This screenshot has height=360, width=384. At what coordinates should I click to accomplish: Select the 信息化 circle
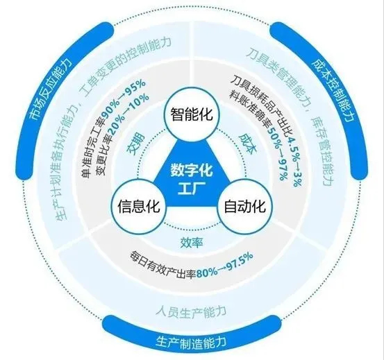[139, 206]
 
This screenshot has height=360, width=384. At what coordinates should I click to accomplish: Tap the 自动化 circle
[245, 206]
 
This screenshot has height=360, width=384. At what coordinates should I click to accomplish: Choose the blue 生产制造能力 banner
[191, 341]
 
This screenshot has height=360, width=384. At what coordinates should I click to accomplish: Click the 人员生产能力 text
[191, 311]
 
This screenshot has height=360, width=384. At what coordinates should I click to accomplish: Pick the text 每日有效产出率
[163, 266]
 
